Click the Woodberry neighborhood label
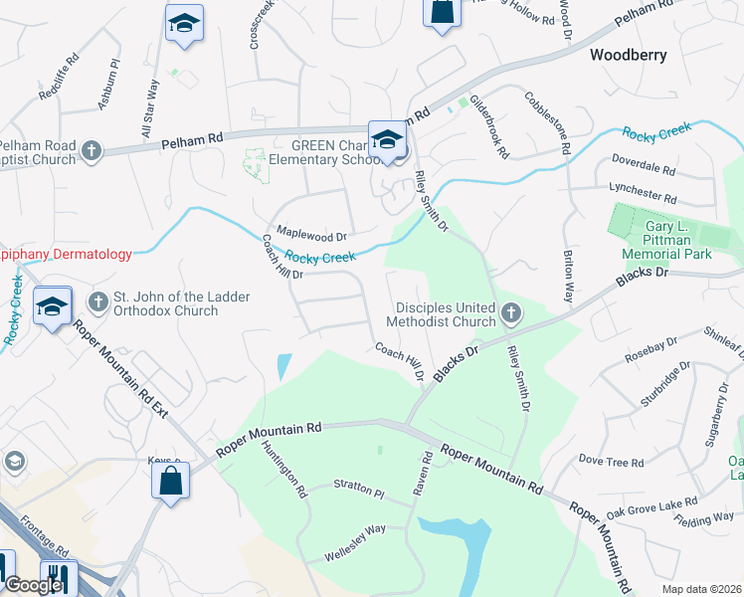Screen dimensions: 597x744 628,55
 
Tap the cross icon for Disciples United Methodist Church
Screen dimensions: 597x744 511,314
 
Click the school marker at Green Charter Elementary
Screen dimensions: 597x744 387,140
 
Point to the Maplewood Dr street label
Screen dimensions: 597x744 311,237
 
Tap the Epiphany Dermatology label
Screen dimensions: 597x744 66,255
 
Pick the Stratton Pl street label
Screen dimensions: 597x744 359,491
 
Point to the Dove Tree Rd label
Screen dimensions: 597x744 612,461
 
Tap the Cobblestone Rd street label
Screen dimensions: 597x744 548,120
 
